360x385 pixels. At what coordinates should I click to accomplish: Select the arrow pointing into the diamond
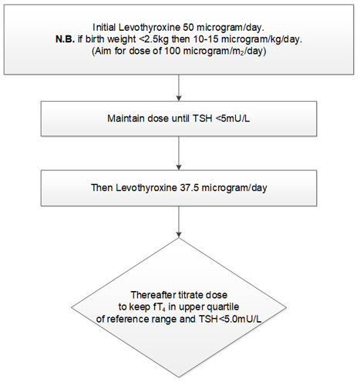(179, 223)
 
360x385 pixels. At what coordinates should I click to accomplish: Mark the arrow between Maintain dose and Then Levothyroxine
(179, 156)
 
